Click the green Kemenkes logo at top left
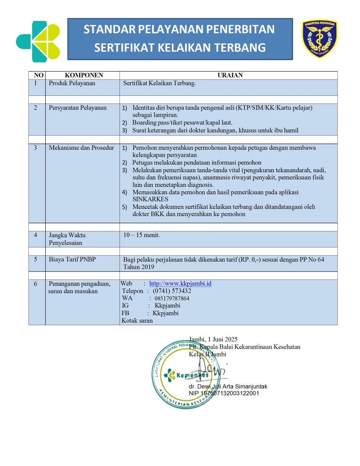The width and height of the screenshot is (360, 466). click(x=38, y=41)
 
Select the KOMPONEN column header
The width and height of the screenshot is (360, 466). click(x=84, y=75)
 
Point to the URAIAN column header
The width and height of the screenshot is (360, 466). click(x=230, y=75)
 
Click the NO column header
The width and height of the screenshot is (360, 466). click(x=39, y=75)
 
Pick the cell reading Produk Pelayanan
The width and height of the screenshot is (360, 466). click(x=72, y=83)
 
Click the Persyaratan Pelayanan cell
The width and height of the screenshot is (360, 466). click(x=78, y=108)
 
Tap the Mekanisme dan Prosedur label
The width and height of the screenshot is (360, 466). click(x=81, y=148)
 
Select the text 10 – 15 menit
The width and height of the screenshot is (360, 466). click(x=141, y=235)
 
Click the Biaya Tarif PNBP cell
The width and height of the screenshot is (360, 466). click(x=72, y=259)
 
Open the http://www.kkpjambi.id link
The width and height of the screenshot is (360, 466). click(x=180, y=284)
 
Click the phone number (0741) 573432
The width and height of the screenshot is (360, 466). click(x=172, y=291)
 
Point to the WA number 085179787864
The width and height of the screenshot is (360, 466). click(x=172, y=299)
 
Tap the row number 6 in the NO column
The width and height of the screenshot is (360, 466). click(x=35, y=284)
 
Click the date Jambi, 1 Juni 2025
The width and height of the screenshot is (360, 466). click(x=213, y=339)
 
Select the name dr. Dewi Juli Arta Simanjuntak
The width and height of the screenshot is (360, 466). click(x=228, y=386)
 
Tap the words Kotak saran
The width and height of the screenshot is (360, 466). click(x=137, y=321)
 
